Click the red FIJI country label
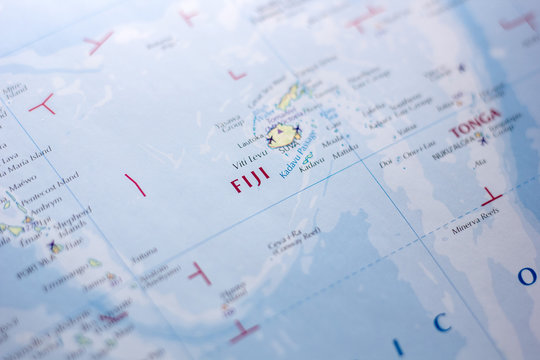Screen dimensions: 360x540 pos(250,180)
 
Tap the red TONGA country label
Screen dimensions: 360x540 pos(475,124)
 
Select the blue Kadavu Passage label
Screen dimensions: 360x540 pos(297,154)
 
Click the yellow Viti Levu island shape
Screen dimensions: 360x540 pos(284,134)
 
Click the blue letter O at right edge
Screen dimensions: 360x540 pos(526,275)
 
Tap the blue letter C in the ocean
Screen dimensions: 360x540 pos(441,321)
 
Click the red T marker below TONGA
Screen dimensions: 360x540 pos(490,196)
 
